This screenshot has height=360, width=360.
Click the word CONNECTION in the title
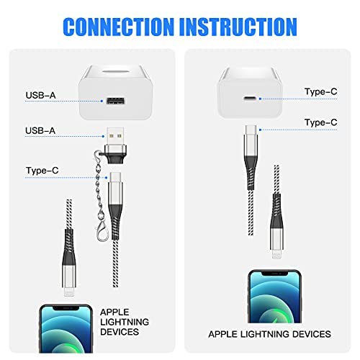118,27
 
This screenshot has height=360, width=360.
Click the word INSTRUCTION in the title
238,27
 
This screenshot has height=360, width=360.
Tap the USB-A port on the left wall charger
116,101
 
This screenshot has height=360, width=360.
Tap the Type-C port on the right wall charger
250,99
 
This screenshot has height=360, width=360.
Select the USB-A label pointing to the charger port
40,95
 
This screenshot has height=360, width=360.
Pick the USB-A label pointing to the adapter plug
40,130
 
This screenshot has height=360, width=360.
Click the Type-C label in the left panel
42,171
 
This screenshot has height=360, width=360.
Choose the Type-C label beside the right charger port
320,91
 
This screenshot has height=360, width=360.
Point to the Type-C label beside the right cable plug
320,122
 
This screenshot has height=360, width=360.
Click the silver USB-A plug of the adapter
115,136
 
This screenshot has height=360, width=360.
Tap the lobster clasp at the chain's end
102,231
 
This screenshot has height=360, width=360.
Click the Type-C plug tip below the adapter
116,177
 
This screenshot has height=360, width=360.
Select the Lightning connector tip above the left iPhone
69,292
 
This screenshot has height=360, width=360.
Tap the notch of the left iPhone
66,308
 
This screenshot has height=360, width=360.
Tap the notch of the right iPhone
274,274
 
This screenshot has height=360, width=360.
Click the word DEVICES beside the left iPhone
120,332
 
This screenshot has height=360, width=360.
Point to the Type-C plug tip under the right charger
251,130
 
